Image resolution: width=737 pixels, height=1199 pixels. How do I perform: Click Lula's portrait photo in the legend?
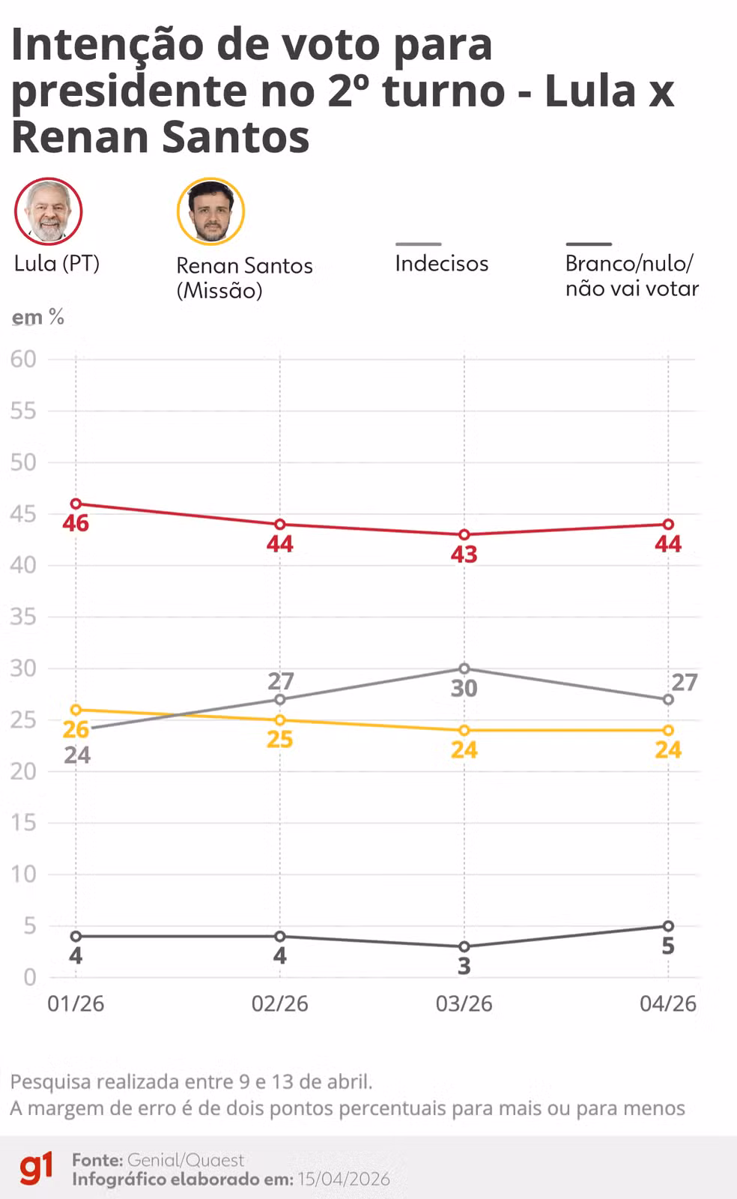pos(49,211)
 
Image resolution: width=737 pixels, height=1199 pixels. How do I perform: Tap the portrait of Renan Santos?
pos(210,211)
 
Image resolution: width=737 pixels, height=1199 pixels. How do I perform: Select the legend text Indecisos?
pos(441,264)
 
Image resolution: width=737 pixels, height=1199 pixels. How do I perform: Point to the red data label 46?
pos(76,524)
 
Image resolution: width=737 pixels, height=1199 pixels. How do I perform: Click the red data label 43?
pos(464,555)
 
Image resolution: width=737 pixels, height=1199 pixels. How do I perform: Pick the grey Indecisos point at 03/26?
pos(464,668)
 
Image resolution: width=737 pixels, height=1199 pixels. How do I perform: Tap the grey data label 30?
pos(464,689)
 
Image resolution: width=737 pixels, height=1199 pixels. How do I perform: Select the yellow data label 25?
pos(279,740)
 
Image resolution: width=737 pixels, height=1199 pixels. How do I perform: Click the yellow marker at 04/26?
pos(668,730)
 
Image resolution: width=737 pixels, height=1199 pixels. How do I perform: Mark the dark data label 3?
pos(464,967)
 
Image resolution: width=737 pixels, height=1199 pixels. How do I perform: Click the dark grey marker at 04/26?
pos(668,926)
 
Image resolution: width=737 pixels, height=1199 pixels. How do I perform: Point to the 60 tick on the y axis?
pos(23,360)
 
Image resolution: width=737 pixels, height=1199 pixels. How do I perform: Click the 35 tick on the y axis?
pos(23,617)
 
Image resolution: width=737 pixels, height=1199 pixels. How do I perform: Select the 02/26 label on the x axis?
pos(279,1004)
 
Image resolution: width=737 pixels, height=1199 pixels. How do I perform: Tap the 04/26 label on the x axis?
pos(668,1004)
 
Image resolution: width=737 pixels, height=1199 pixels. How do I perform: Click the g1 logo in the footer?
pos(36,1169)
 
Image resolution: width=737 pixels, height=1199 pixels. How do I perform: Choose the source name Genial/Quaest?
pos(186,1160)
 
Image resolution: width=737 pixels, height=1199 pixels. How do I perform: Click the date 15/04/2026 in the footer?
pos(344,1180)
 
